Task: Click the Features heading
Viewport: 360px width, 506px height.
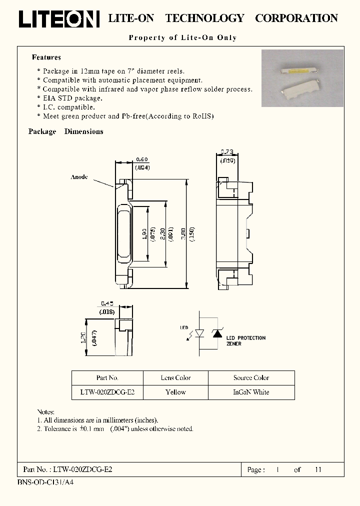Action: click(46, 57)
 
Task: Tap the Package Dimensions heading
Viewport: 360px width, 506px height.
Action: click(65, 131)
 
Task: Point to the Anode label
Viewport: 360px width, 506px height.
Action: click(79, 177)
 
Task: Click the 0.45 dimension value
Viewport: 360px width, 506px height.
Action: click(107, 303)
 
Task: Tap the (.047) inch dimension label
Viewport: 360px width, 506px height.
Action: click(95, 338)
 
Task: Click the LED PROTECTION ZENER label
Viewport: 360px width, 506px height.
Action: click(246, 341)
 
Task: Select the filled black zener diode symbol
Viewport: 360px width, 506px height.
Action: click(217, 332)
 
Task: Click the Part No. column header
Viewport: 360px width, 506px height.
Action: click(107, 378)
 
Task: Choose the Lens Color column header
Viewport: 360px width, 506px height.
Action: click(175, 378)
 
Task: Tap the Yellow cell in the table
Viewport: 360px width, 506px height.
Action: click(175, 392)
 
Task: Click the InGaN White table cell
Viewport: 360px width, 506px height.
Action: click(251, 392)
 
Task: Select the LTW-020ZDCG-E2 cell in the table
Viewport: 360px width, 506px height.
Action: click(107, 392)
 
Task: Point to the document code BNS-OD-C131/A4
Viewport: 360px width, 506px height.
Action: click(45, 483)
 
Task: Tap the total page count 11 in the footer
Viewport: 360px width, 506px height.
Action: click(318, 470)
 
